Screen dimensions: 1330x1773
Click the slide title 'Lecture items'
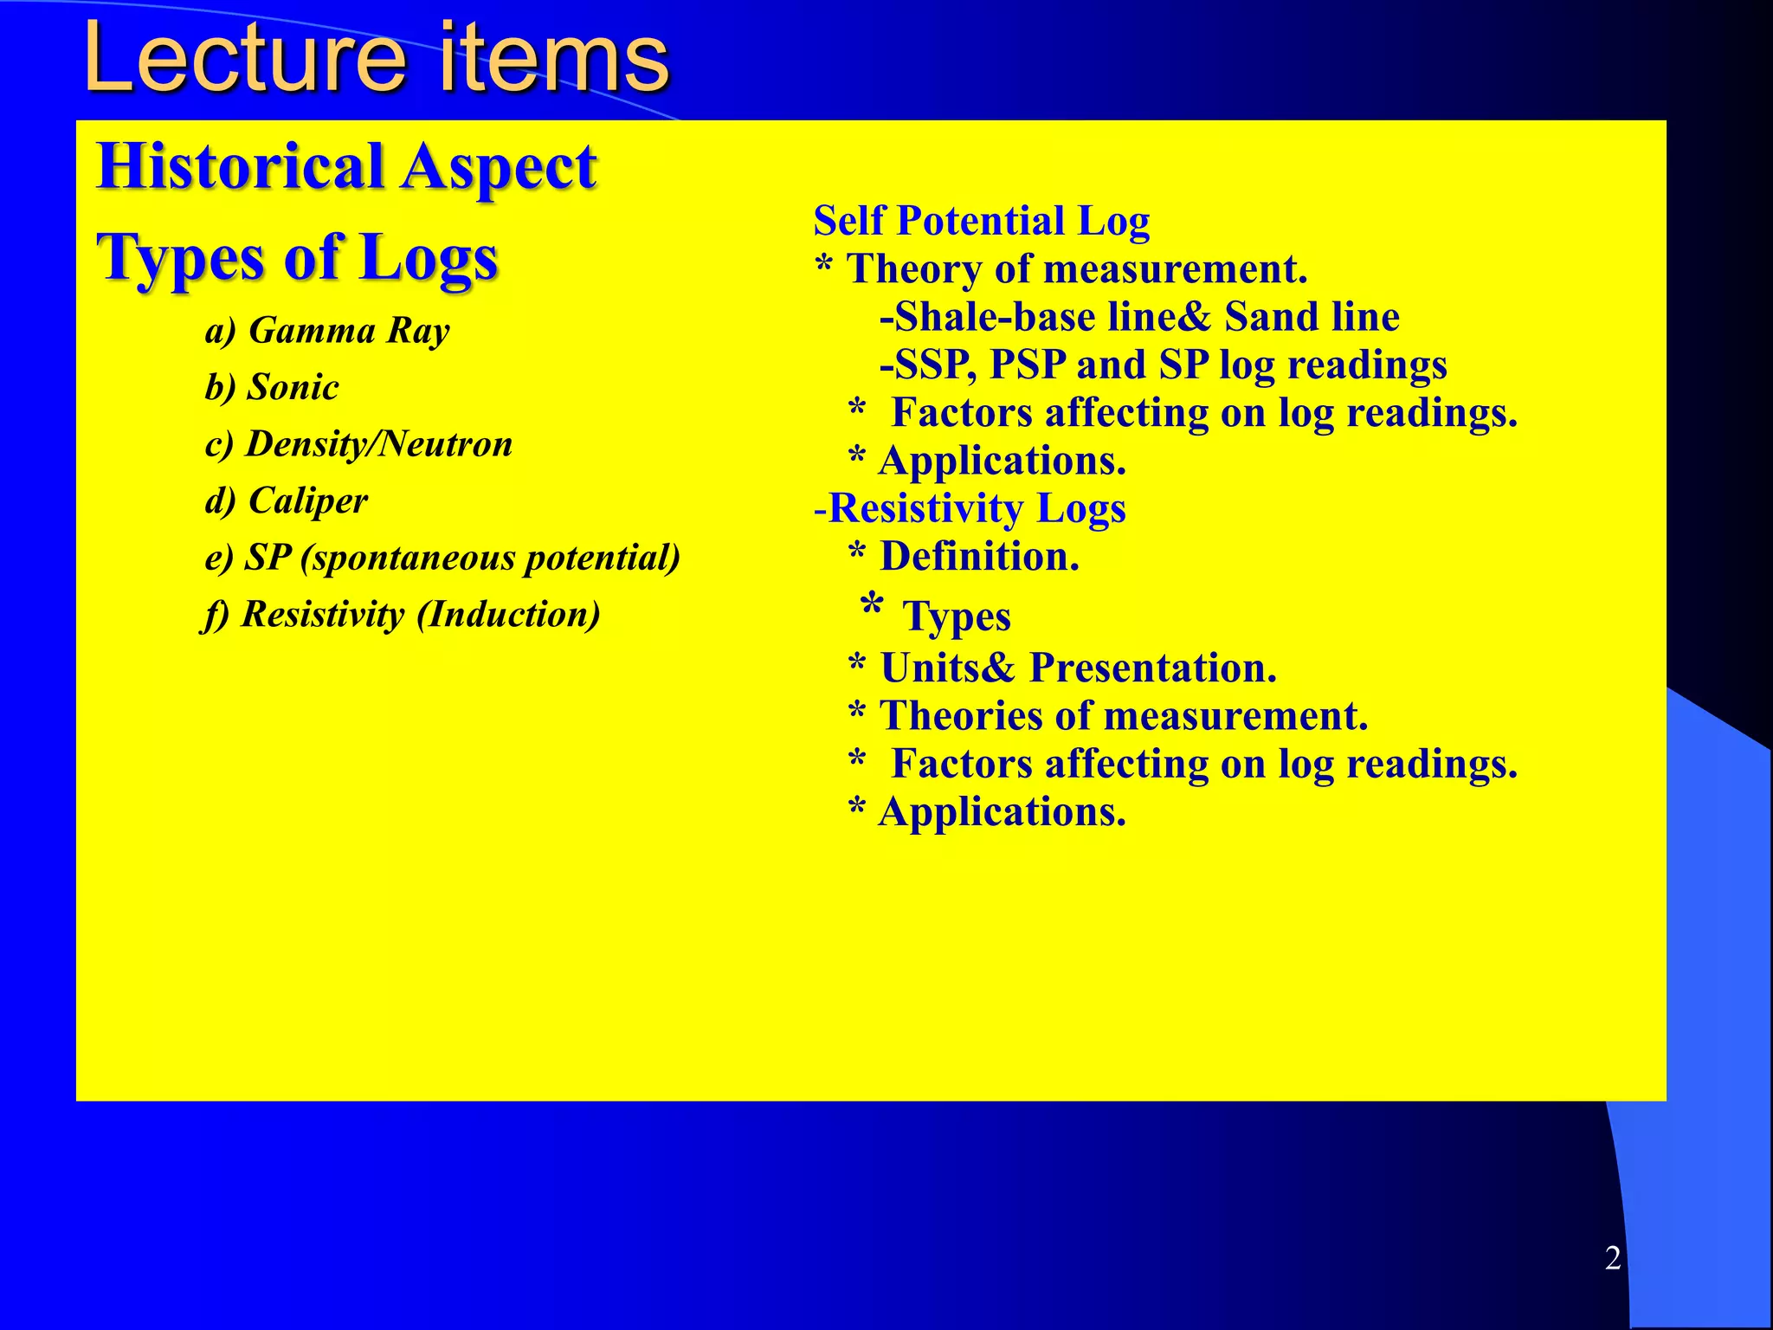376,59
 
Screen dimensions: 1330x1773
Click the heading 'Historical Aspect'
346,166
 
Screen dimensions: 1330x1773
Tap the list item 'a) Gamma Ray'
327,331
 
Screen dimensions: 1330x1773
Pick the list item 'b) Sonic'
271,387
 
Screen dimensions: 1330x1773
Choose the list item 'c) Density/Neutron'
358,444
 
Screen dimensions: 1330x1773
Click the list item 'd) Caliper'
286,500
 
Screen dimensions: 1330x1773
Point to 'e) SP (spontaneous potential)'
442,558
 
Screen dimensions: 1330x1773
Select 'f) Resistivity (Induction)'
401,615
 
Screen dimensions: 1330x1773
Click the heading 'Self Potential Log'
981,221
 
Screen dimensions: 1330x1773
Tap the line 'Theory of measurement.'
1076,269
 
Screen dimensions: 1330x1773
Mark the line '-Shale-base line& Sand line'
1138,317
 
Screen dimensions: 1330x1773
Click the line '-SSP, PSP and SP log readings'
1163,365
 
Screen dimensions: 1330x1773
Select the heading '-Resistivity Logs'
970,508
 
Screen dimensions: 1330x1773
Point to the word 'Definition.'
979,557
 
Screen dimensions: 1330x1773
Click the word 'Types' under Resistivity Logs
956,617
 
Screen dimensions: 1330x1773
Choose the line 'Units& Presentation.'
1078,668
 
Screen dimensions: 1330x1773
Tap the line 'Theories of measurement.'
1123,716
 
